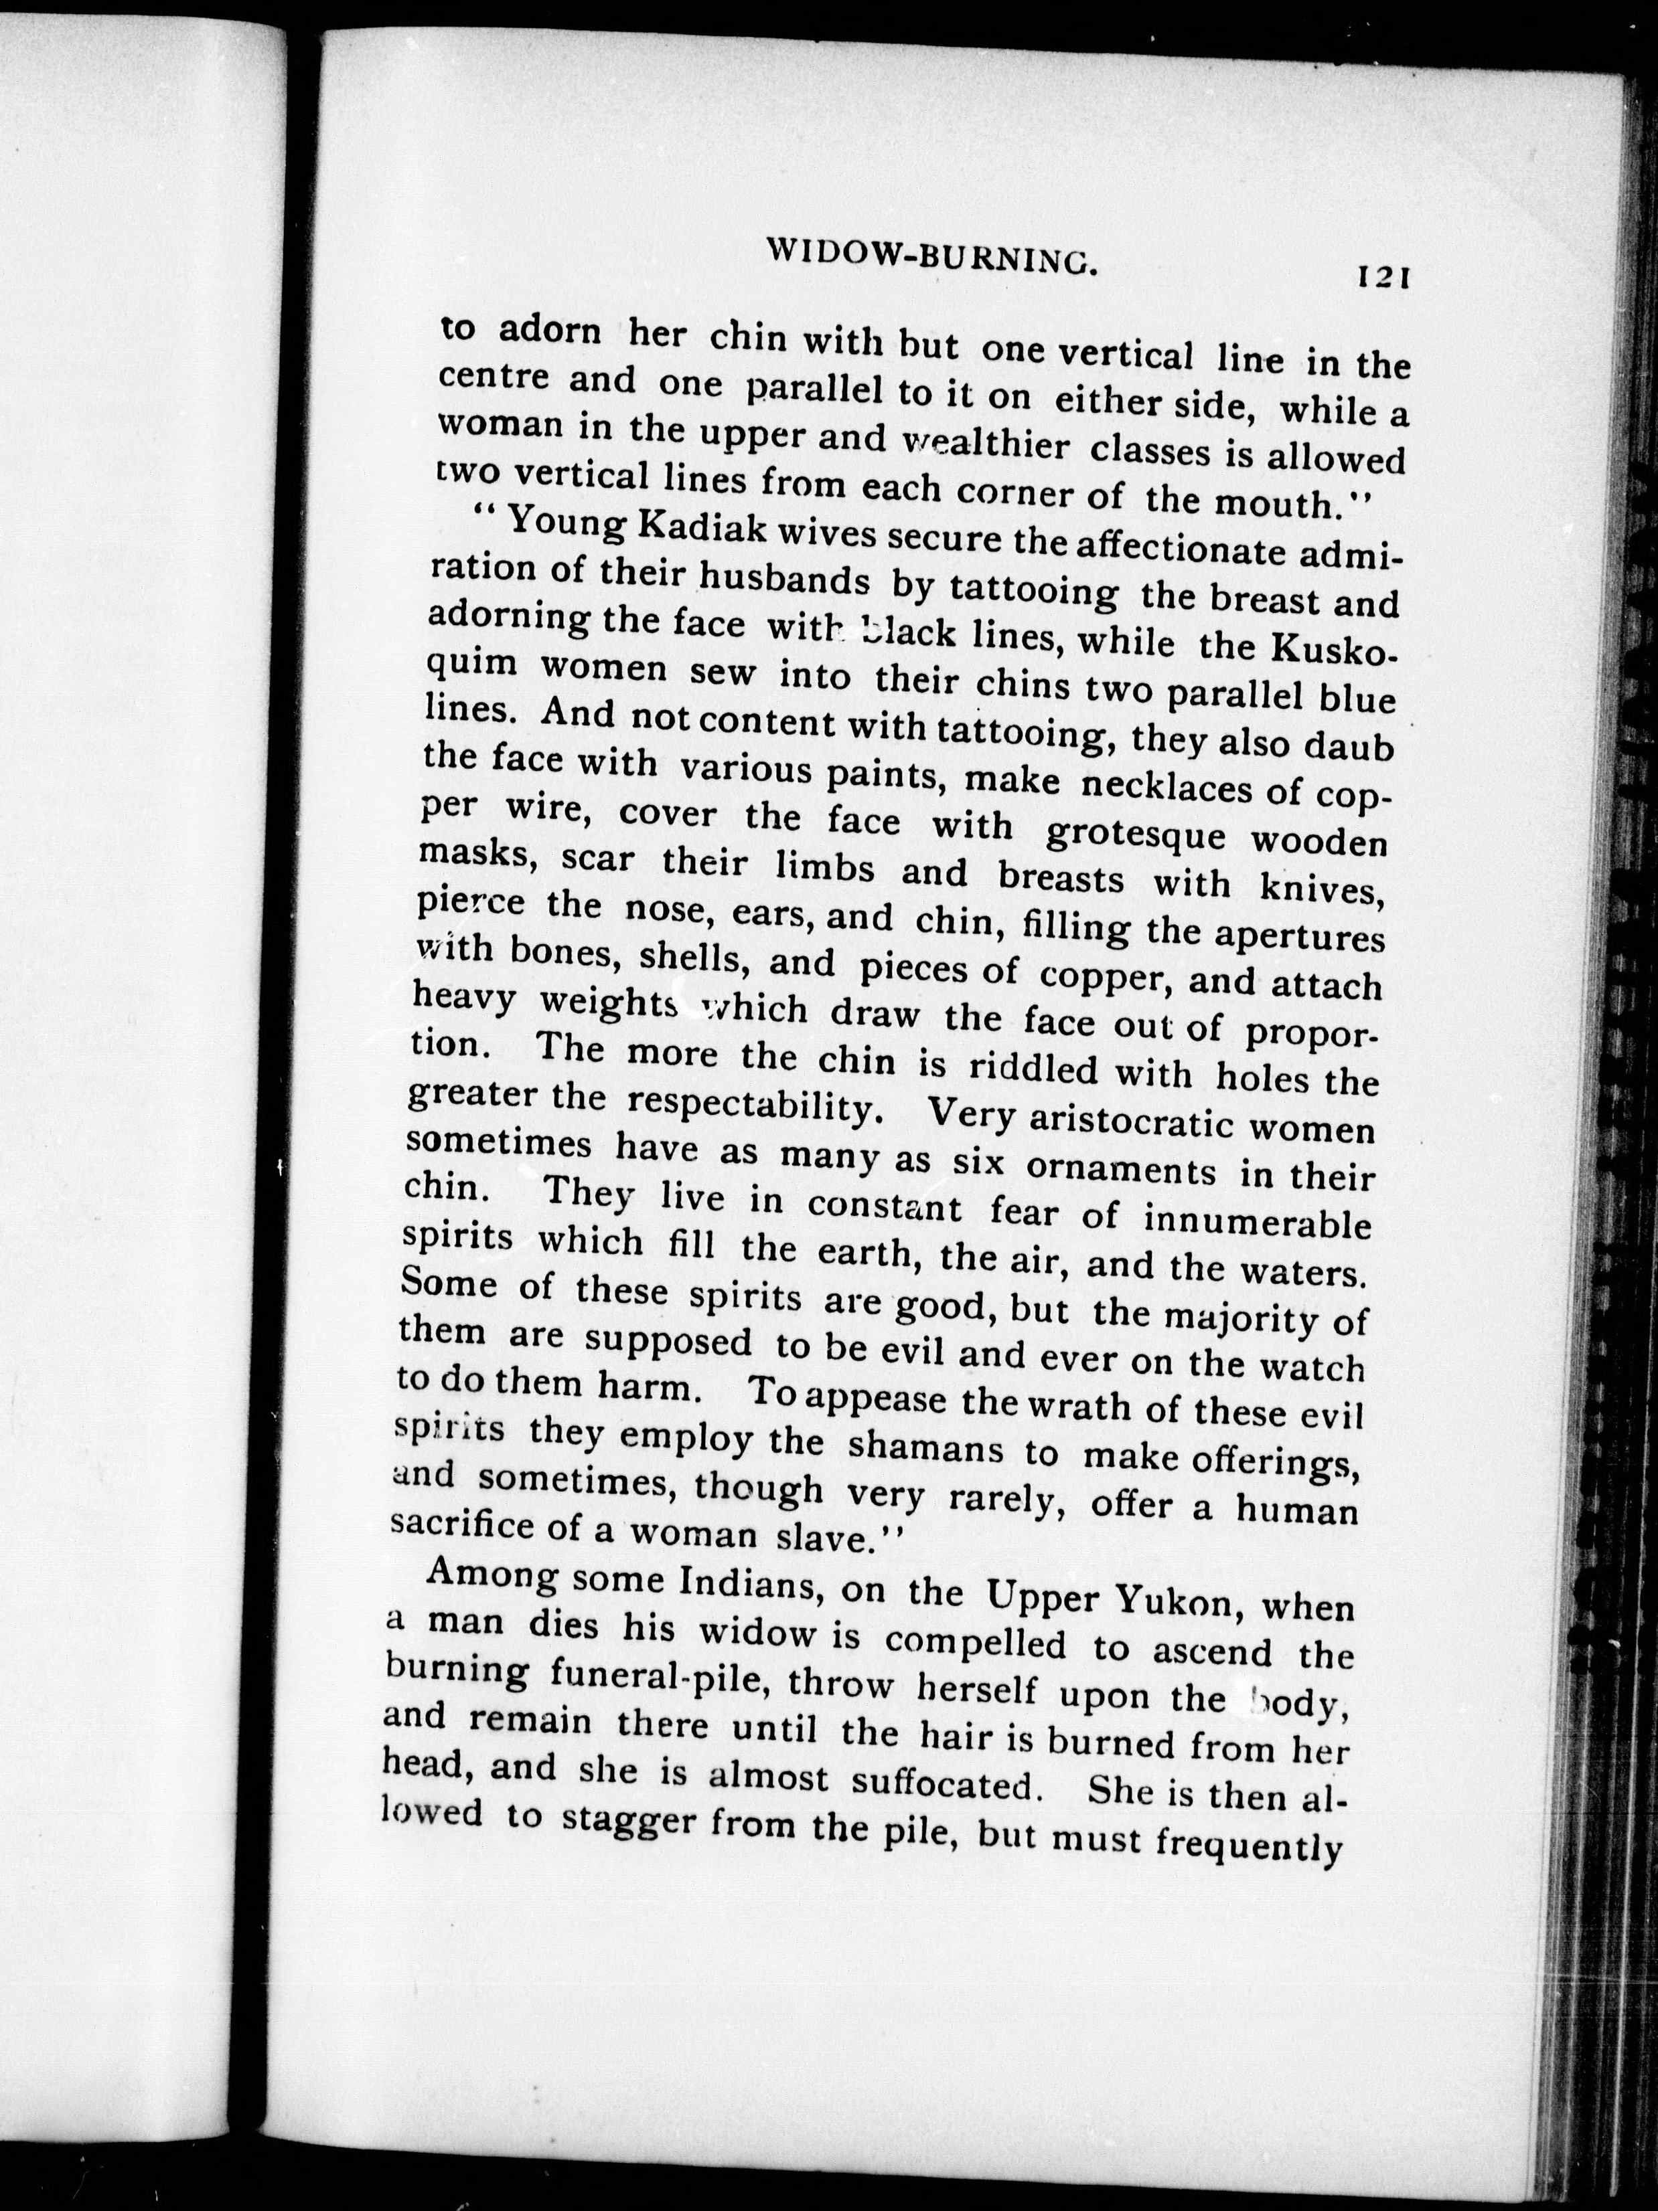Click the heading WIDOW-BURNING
[932, 258]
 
